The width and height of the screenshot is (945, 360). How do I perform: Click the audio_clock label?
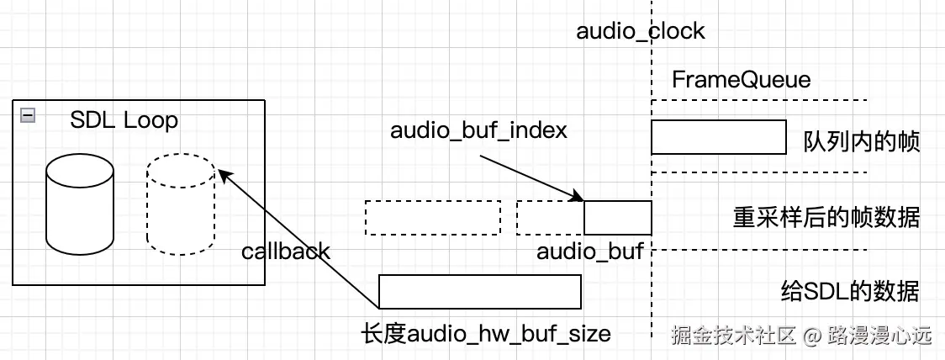tap(641, 32)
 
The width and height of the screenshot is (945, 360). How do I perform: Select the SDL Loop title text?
tap(124, 119)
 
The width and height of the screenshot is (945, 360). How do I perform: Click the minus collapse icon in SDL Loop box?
tap(28, 116)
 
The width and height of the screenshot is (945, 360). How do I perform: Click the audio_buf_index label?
tap(478, 130)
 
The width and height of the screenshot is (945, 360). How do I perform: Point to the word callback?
tap(286, 251)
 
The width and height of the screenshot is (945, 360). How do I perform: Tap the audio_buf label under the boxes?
tap(589, 251)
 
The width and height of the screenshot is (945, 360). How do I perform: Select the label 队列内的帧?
tap(862, 141)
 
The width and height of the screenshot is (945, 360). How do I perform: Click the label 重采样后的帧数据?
tap(826, 218)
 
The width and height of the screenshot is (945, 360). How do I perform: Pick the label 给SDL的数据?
tap(850, 292)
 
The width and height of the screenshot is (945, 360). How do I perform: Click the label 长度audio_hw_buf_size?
tap(485, 335)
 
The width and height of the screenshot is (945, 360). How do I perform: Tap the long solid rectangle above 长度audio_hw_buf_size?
tap(479, 291)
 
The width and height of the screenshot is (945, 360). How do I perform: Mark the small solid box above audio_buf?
tap(617, 218)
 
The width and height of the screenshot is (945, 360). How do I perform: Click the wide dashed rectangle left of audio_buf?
tap(432, 218)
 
